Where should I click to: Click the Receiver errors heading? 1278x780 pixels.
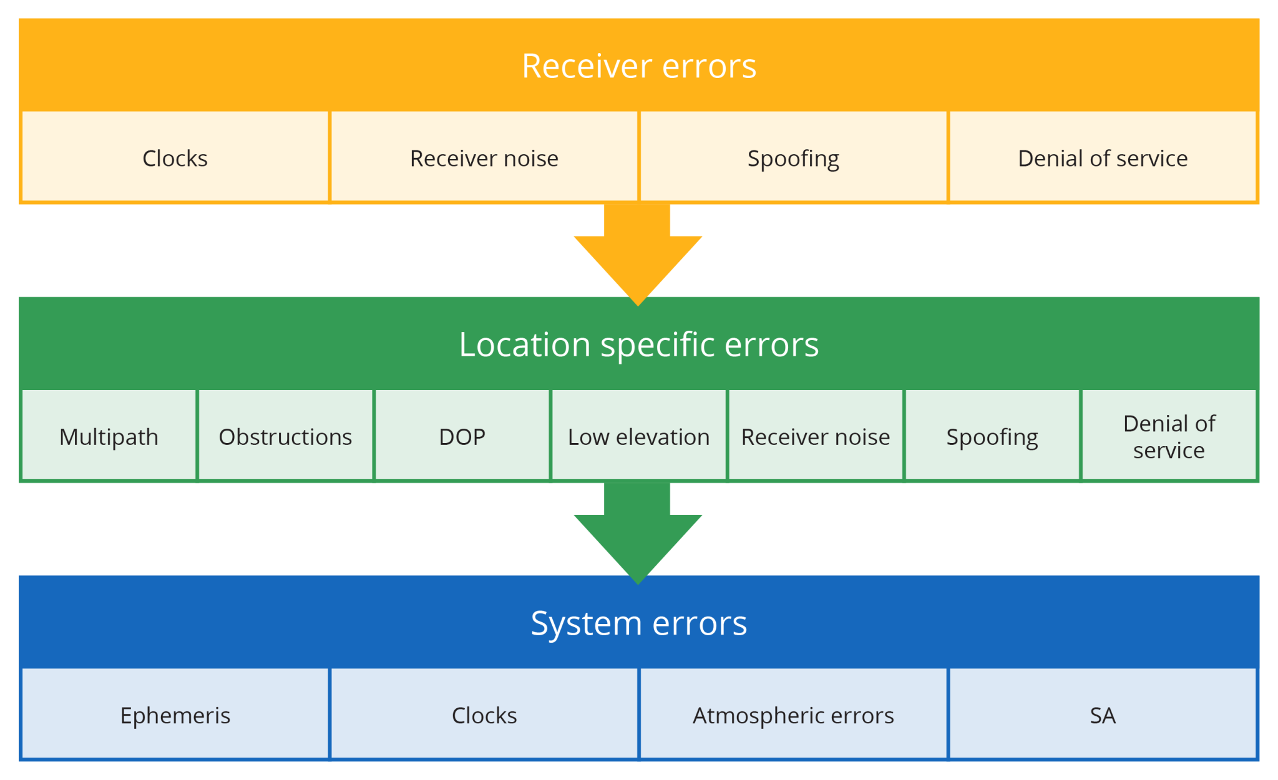coord(638,66)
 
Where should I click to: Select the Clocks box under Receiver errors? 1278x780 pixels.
coord(175,158)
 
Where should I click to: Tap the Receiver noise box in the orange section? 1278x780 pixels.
coord(484,158)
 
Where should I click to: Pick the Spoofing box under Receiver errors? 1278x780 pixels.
coord(793,158)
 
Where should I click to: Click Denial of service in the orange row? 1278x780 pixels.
coord(1103,158)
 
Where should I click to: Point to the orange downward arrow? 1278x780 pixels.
coord(638,256)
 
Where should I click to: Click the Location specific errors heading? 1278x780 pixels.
coord(638,344)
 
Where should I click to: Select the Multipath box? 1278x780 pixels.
coord(109,436)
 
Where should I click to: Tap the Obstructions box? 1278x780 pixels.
coord(285,436)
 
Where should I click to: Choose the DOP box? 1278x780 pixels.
coord(462,436)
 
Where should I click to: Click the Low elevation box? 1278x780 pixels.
coord(638,436)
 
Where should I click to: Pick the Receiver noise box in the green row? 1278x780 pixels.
coord(815,436)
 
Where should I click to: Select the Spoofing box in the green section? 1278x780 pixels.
coord(992,436)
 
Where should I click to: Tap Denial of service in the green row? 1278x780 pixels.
coord(1169,436)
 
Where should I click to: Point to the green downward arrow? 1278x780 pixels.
coord(638,535)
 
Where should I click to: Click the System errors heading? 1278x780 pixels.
coord(638,623)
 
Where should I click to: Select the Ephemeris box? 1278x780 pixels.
coord(175,715)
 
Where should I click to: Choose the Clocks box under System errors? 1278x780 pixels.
coord(484,715)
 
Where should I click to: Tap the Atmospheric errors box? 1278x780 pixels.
coord(793,715)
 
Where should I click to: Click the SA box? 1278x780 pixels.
coord(1103,715)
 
